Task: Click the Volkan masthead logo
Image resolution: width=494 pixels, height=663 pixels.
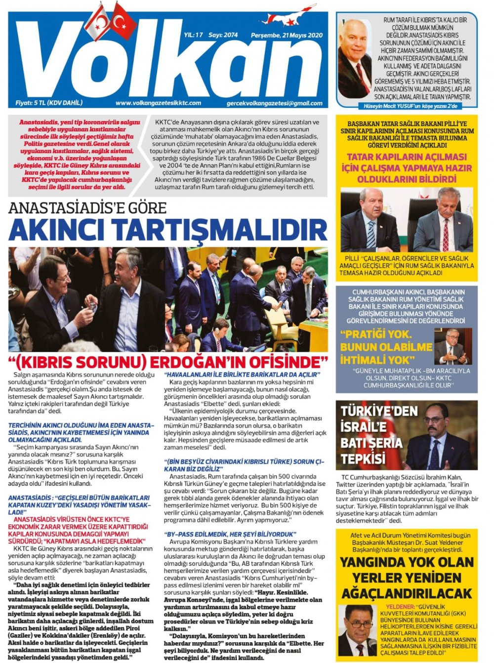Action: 168,62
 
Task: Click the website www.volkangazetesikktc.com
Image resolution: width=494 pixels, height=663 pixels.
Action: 158,103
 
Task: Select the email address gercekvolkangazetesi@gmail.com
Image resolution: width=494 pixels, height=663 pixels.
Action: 274,103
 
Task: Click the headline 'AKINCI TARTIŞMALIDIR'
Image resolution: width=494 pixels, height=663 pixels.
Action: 168,230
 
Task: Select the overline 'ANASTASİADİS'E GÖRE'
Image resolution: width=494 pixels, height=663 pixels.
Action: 87,207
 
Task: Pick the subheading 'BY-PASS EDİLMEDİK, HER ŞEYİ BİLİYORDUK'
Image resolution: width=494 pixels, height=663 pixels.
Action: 230,534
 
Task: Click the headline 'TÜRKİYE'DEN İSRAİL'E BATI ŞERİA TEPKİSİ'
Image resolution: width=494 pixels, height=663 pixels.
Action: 372,435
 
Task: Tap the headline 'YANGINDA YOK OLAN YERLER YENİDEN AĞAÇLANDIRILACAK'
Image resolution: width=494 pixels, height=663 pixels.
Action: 406,577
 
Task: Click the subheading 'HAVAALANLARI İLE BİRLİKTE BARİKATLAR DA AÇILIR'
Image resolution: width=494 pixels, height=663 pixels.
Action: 242,375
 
